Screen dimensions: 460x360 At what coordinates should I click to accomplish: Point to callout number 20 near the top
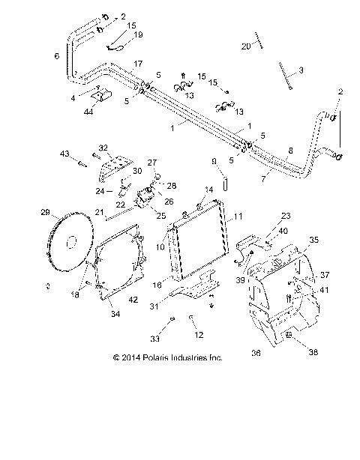tap(244, 46)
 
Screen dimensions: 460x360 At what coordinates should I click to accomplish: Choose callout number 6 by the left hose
tap(57, 56)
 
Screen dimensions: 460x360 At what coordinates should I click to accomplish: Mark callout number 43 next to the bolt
tap(64, 154)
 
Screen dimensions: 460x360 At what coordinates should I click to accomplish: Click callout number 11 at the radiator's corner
tap(238, 217)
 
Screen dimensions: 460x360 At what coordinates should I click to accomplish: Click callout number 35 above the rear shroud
tap(313, 240)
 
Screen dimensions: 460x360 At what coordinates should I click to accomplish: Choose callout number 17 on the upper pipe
tap(137, 65)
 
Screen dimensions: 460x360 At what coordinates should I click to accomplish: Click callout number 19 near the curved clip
tap(137, 34)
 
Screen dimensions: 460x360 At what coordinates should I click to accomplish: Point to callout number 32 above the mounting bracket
tap(103, 148)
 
